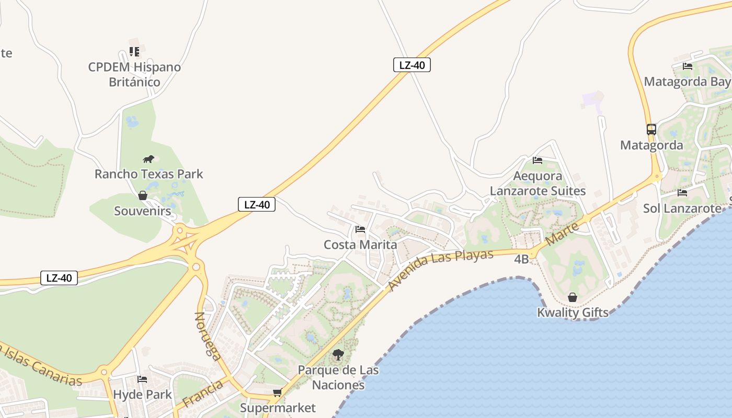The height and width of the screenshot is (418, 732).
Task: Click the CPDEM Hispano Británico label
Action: point(134,74)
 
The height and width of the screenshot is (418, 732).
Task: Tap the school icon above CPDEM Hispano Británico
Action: point(134,52)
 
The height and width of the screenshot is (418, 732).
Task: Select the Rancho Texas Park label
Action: point(148,174)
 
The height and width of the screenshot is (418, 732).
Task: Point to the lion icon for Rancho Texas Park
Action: point(148,159)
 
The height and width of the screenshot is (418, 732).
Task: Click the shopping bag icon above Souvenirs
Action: point(142,195)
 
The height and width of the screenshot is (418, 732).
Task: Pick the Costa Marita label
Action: point(360,245)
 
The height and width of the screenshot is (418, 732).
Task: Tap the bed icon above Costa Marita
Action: point(360,229)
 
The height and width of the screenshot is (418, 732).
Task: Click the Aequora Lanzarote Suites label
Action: point(537,183)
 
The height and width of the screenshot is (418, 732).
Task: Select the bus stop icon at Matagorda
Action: point(651,130)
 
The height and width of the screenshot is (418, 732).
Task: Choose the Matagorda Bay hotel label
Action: point(687,82)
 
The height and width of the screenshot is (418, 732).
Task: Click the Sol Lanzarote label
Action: point(682,208)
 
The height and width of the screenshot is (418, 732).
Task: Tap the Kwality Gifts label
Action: point(573,312)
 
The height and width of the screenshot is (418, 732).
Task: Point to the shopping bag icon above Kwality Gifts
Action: point(573,297)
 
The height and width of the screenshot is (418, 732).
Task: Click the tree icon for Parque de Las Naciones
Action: point(338,355)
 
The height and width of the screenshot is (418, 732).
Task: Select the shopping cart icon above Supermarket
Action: point(277,392)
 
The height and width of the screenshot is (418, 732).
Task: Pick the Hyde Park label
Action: point(142,394)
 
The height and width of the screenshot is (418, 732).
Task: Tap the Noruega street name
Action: point(207,336)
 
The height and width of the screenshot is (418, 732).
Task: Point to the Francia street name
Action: point(204,393)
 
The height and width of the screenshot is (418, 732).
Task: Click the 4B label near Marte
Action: point(521,259)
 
